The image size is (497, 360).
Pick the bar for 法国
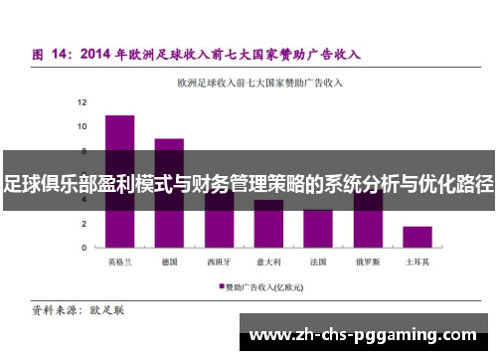pyautogui.click(x=318, y=229)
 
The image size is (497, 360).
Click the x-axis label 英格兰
pyautogui.click(x=119, y=263)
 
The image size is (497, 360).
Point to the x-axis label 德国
pyautogui.click(x=169, y=263)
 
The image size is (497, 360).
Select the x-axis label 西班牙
pyautogui.click(x=219, y=263)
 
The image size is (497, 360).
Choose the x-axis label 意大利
pyautogui.click(x=268, y=263)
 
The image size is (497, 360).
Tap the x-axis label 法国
pyautogui.click(x=318, y=263)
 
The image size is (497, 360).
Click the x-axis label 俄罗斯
pyautogui.click(x=368, y=263)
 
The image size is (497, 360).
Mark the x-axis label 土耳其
pyautogui.click(x=417, y=263)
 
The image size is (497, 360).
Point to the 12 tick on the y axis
pyautogui.click(x=83, y=102)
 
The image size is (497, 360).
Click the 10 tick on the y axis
pyautogui.click(x=83, y=126)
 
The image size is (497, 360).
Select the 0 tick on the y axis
pyautogui.click(x=84, y=248)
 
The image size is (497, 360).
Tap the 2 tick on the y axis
pyautogui.click(x=84, y=224)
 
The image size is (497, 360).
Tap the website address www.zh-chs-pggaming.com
pyautogui.click(x=363, y=333)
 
